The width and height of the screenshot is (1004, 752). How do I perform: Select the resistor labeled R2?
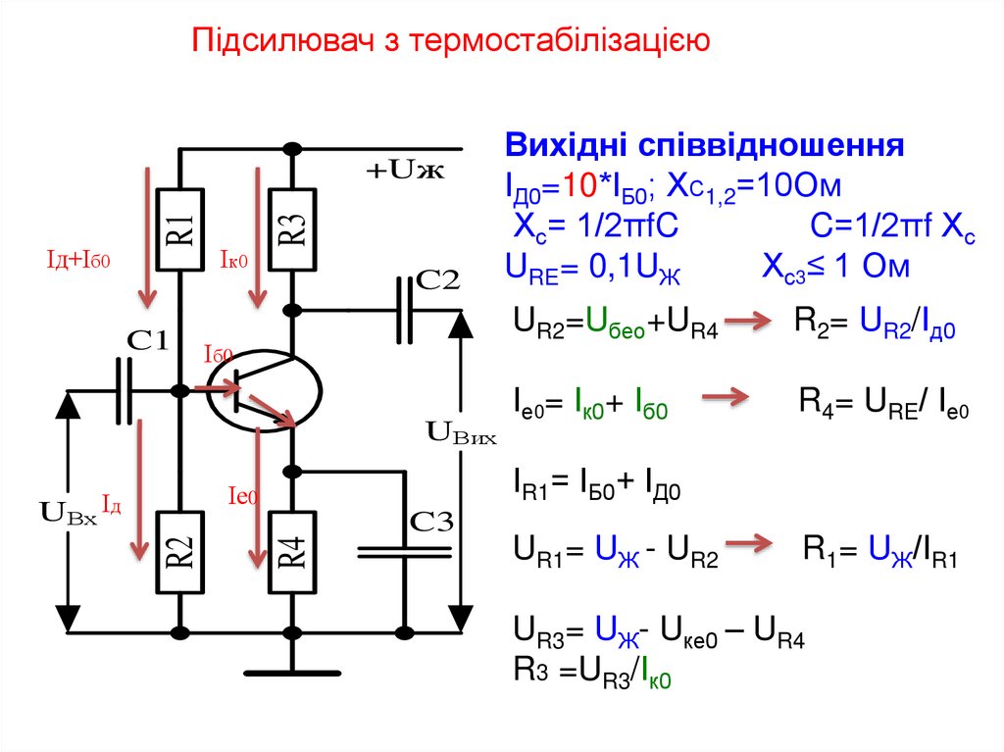coord(181,554)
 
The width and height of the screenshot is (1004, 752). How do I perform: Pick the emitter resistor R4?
coord(291,554)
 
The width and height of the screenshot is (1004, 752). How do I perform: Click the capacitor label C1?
coord(149,342)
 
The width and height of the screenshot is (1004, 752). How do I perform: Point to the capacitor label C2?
coord(437,279)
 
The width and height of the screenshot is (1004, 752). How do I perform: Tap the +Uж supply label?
coord(405,173)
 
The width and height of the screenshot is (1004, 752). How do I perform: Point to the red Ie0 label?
coord(240,497)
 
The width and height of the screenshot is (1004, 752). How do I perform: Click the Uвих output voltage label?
coord(461,433)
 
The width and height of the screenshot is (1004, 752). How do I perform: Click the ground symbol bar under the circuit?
coord(291,672)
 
